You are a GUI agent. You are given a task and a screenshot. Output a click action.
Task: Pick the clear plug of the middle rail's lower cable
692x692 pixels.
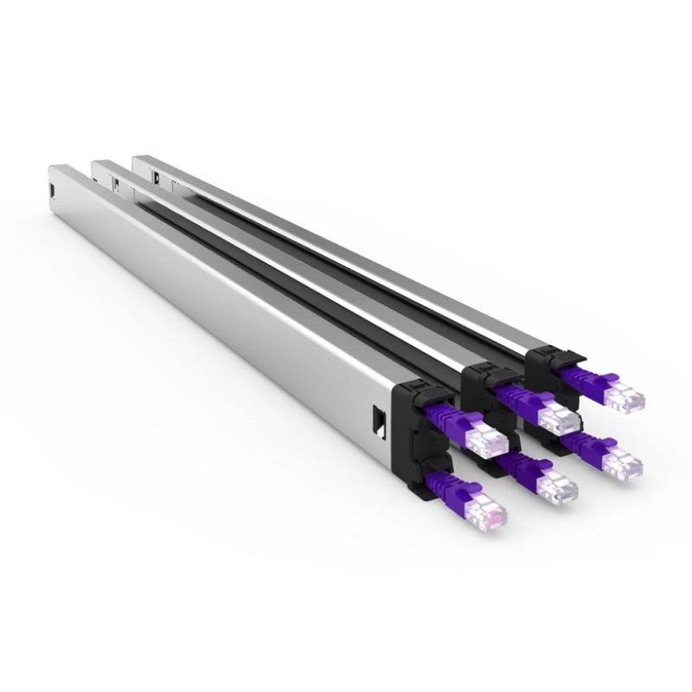click(x=556, y=490)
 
